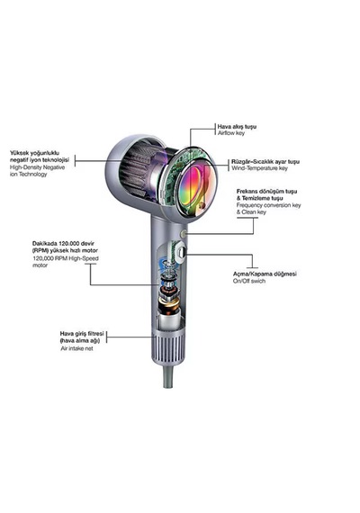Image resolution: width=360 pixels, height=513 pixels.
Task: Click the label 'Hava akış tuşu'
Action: point(237,127)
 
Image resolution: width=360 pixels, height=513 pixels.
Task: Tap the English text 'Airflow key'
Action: point(231,133)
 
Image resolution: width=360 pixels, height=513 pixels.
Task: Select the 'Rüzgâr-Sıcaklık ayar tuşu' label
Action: point(265,162)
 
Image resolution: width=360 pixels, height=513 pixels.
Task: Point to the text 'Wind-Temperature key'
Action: point(259,168)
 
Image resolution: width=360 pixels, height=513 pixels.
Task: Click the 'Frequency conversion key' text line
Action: point(269,205)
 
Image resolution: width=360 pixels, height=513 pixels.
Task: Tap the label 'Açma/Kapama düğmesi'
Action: point(265,274)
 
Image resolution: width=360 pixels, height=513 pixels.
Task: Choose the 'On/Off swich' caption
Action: point(249,281)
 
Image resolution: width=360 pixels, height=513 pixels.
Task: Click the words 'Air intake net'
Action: point(76,348)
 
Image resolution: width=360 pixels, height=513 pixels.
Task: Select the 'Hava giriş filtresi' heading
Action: point(82,334)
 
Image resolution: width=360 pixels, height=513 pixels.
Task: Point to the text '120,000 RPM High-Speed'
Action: point(66,258)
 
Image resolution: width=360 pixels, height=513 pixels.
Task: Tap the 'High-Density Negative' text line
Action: point(37,167)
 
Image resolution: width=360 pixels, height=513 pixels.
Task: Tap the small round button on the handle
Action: point(184,234)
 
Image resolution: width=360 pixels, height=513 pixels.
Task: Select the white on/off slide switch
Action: point(180,253)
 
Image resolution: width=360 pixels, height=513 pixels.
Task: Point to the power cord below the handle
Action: point(168,375)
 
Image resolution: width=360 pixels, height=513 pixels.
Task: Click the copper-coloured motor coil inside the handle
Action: point(168,307)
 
